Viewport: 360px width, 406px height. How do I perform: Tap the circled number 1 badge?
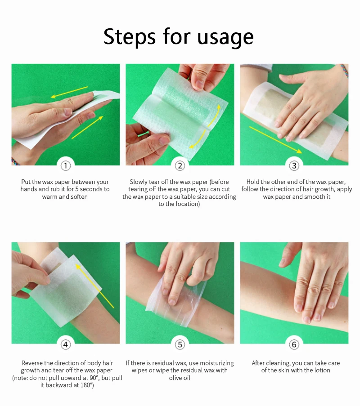66,165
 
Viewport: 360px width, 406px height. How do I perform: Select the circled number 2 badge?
180,165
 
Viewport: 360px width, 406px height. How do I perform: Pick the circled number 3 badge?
294,165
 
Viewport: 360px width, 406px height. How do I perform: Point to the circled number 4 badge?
66,344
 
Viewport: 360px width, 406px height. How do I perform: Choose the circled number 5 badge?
180,344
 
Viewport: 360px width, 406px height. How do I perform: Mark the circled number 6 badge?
294,344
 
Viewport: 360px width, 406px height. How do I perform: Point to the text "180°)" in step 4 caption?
85,386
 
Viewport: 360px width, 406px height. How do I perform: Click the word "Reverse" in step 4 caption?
31,363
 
